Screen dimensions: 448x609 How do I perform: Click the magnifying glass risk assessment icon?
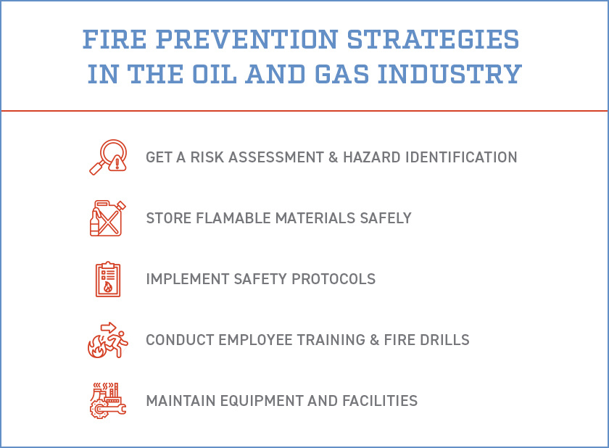(x=107, y=157)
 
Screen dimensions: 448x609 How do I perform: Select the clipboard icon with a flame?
(x=107, y=279)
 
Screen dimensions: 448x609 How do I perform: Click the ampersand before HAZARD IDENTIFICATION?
(x=334, y=157)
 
